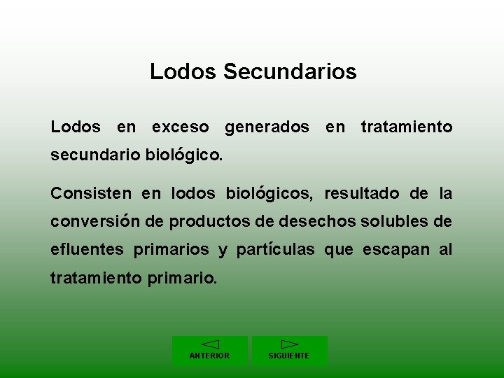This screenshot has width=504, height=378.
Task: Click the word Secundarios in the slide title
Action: [290, 71]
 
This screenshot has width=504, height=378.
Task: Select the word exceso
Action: [181, 127]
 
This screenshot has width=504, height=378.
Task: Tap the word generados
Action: [267, 127]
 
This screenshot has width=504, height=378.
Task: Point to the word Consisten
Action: [92, 193]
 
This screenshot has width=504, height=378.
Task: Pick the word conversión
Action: [95, 222]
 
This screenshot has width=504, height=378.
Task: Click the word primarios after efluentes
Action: [171, 250]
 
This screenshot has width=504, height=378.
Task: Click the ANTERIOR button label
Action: [209, 356]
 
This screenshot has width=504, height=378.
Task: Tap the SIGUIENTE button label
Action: [289, 356]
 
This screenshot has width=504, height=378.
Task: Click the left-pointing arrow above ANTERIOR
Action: [210, 344]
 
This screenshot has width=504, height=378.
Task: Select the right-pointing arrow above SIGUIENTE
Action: [289, 344]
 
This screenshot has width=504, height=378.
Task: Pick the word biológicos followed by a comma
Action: [269, 193]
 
